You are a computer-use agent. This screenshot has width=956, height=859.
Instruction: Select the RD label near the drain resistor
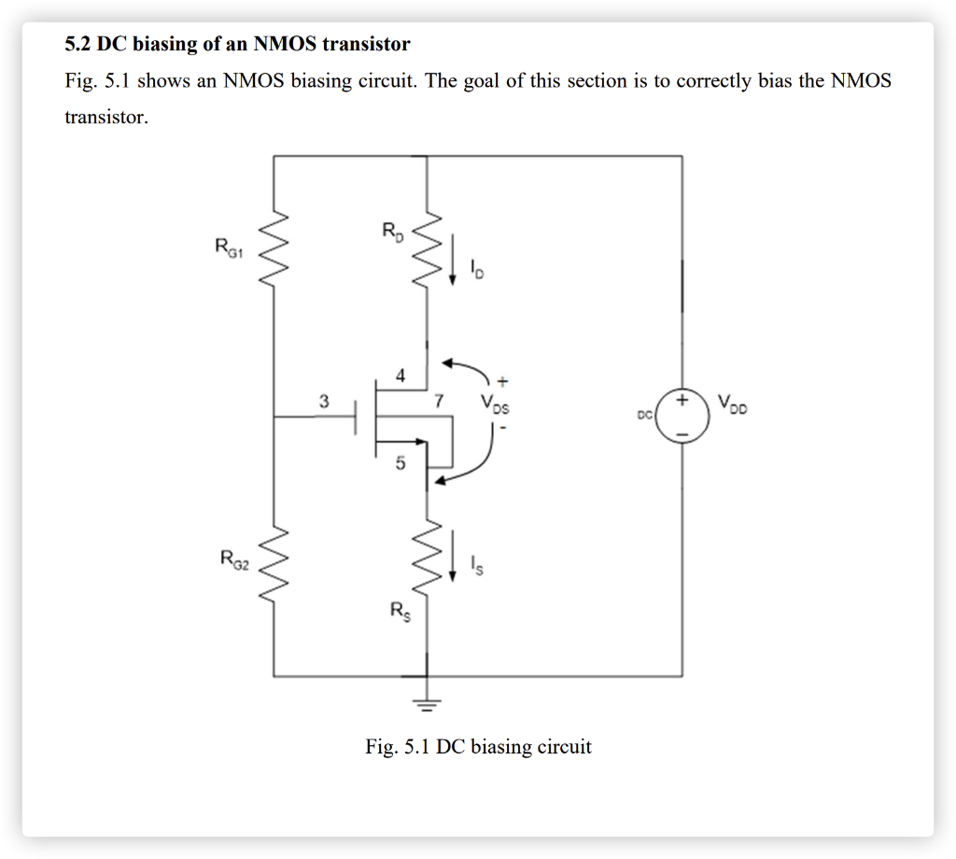[393, 230]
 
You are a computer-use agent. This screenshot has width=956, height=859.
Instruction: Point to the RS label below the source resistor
[401, 613]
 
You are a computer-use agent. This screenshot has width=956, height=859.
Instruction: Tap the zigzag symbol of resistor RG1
[274, 249]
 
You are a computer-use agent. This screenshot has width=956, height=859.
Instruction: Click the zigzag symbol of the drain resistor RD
[427, 250]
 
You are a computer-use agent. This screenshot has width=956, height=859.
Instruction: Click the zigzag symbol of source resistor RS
[427, 557]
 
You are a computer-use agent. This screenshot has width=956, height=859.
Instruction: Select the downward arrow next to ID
[454, 262]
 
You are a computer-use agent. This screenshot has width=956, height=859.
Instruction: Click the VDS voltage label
[496, 405]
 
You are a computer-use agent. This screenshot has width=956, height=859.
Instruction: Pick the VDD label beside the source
[733, 404]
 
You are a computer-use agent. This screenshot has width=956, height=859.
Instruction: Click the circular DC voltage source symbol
[682, 416]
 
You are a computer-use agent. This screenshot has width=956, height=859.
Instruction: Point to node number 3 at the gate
[323, 402]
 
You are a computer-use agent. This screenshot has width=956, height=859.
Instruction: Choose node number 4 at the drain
[400, 377]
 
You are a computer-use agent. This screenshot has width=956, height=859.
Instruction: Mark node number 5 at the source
[400, 463]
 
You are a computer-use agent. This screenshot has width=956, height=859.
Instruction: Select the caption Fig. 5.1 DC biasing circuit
[478, 747]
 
